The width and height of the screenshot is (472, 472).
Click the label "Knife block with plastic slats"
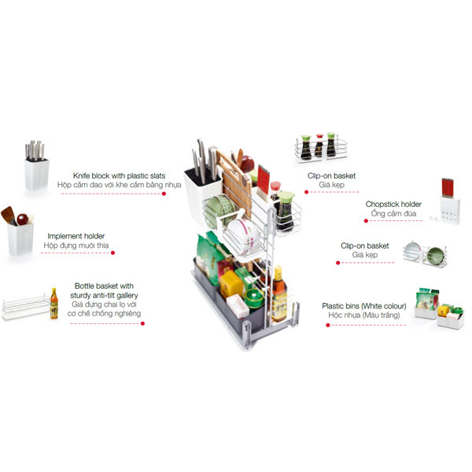(119, 175)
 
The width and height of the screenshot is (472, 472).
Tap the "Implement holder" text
(76, 236)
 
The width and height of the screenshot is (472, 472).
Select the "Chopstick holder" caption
(393, 204)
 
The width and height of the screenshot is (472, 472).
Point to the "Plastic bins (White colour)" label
(364, 306)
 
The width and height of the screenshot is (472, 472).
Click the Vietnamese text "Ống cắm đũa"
(393, 213)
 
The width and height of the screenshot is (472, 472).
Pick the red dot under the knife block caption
(164, 194)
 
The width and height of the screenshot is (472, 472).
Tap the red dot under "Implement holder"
(112, 253)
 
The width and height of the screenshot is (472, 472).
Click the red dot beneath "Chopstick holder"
(366, 220)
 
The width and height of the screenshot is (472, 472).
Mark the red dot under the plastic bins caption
(328, 325)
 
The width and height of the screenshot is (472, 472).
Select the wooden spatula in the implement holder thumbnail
(8, 215)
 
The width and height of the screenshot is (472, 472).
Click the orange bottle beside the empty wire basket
(53, 304)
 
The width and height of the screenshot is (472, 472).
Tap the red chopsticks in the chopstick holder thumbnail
(448, 187)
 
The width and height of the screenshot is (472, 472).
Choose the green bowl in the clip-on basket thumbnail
(435, 256)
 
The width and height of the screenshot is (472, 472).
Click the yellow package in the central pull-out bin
(231, 285)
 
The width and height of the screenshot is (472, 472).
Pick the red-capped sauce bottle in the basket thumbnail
(319, 146)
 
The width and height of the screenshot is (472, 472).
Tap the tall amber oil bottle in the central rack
(279, 294)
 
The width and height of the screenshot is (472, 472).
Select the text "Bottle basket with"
(104, 286)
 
